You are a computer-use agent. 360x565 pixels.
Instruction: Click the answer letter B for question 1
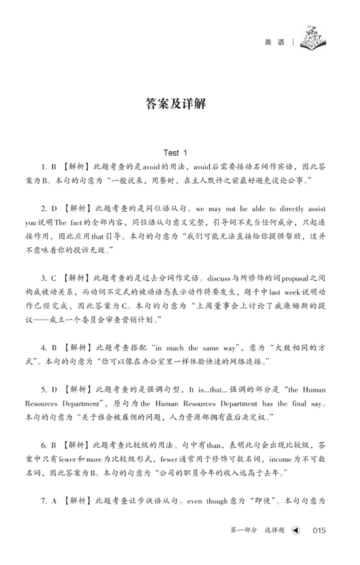pos(53,167)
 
